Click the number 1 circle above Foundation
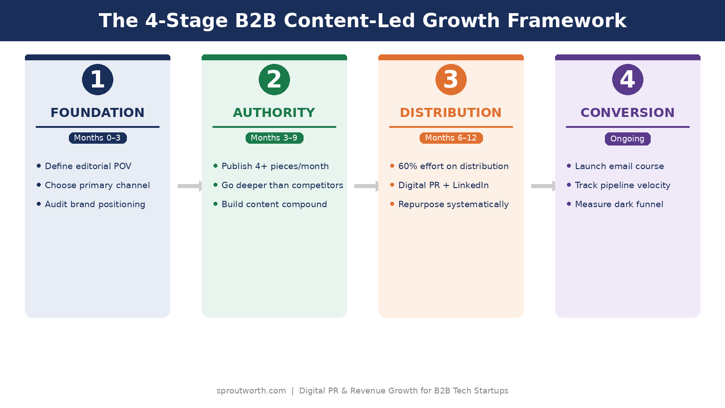(97, 79)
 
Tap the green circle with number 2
(274, 79)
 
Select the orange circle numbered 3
(451, 79)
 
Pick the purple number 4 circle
(628, 79)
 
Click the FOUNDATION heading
(97, 112)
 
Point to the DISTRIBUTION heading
(451, 112)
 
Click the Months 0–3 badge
(97, 138)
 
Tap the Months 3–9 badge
(274, 138)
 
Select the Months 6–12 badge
(451, 138)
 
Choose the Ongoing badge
(628, 139)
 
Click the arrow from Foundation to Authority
(190, 186)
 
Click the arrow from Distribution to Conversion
(543, 186)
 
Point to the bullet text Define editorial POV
(88, 166)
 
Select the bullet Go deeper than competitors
(282, 185)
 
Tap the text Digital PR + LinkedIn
(443, 185)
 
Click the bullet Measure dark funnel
(619, 204)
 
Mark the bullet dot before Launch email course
(569, 166)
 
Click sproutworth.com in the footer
(251, 391)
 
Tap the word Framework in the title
(566, 21)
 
